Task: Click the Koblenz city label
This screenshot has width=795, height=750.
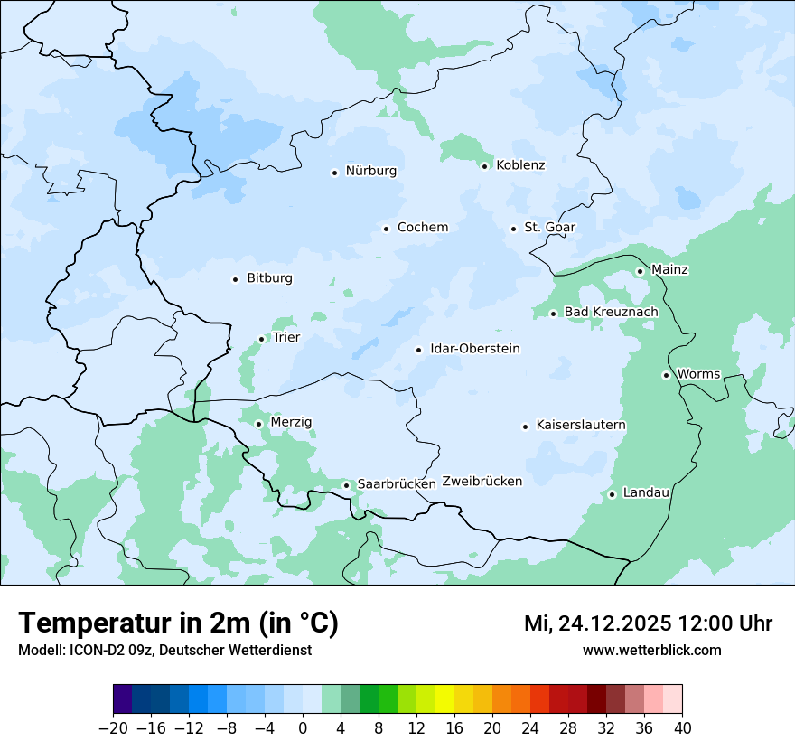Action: coord(520,165)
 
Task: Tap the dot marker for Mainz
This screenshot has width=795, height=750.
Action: coord(640,271)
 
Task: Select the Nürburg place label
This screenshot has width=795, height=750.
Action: coord(371,171)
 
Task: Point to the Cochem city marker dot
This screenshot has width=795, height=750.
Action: coord(386,229)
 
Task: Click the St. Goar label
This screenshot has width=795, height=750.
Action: coord(550,228)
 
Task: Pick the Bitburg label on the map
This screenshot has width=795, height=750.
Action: coord(269,278)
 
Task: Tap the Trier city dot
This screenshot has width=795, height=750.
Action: coord(262,339)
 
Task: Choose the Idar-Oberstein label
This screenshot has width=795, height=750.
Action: coord(475,349)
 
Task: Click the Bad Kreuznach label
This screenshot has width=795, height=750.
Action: coord(612,313)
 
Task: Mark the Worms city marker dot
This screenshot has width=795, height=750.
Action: coord(666,375)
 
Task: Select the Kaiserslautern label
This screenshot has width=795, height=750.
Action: coord(581,425)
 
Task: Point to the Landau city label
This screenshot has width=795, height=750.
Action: coord(646,492)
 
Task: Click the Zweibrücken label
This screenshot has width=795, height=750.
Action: coord(482,482)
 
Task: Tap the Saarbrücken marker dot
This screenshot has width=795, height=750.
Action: coord(346,485)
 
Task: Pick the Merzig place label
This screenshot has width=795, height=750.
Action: coord(291,422)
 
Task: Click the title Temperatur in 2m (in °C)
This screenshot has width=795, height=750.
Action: coord(178,623)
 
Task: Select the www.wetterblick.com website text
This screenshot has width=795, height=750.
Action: coord(652,650)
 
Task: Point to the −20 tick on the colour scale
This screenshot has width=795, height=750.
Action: coord(114,728)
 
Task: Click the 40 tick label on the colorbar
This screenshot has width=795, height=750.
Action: coord(682,728)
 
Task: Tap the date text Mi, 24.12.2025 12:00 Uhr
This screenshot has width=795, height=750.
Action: coord(648,623)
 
